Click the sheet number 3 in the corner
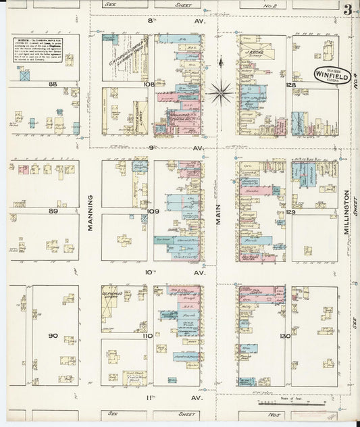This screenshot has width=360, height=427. pyautogui.click(x=346, y=9)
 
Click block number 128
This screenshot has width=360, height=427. pyautogui.click(x=290, y=85)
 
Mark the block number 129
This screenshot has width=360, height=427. pyautogui.click(x=290, y=212)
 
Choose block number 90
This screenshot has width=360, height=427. pyautogui.click(x=53, y=336)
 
